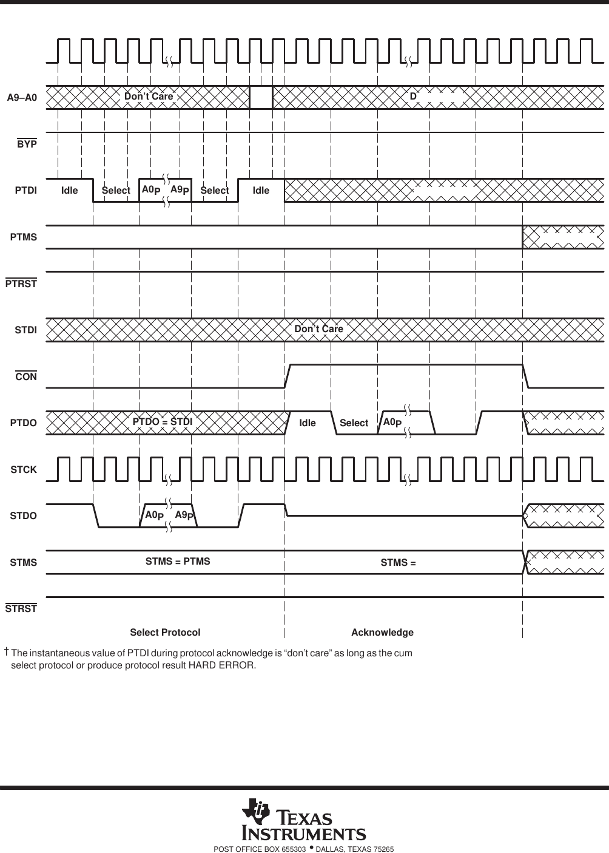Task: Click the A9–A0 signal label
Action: (x=22, y=97)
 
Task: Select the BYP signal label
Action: (x=27, y=144)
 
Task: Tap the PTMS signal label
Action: (x=24, y=237)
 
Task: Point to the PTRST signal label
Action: (x=21, y=284)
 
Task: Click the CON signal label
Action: (x=26, y=376)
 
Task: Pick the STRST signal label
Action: (x=21, y=608)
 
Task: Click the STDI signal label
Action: (x=25, y=330)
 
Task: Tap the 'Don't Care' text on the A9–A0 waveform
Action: (x=149, y=97)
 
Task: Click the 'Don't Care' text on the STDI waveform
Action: (x=318, y=329)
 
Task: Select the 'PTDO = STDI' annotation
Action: (x=162, y=421)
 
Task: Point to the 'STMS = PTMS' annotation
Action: (x=178, y=562)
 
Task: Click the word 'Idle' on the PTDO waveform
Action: (x=308, y=423)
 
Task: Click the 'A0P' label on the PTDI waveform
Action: (x=150, y=190)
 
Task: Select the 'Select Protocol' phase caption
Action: (x=165, y=633)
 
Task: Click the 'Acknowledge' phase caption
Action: (x=382, y=633)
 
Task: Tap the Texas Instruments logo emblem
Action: (x=255, y=812)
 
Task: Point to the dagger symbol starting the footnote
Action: (x=6, y=652)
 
